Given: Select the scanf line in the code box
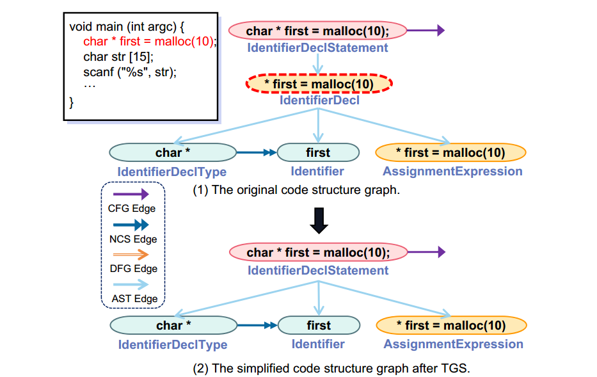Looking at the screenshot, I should click(129, 71).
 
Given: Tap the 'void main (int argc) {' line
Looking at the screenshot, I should click(127, 27).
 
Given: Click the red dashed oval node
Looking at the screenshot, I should click(319, 84).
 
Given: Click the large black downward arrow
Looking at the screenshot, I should click(318, 220).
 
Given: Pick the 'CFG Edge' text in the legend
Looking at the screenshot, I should click(132, 208).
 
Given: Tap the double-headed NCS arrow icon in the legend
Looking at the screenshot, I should click(131, 225).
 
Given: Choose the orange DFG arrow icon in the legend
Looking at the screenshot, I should click(131, 254).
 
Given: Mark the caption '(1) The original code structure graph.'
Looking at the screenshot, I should click(296, 190).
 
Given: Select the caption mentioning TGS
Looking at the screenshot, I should click(331, 368).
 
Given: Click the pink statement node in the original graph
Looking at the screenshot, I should click(318, 30).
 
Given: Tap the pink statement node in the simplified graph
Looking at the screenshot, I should click(318, 252).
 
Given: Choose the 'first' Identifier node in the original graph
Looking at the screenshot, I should click(318, 152).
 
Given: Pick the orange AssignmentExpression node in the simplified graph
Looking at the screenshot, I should click(451, 325).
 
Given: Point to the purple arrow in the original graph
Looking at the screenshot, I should click(426, 30).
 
